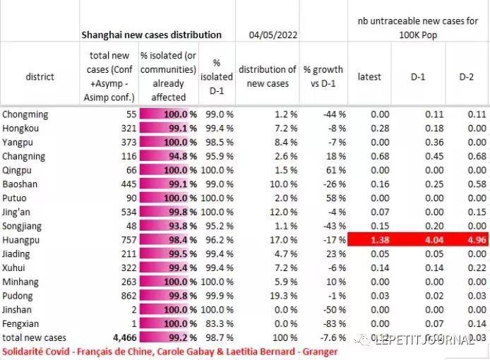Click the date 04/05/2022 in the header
274,34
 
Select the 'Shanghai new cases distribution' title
151,34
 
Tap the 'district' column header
40,76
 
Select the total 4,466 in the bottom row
119,338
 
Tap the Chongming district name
25,113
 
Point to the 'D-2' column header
467,76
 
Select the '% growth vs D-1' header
323,76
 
